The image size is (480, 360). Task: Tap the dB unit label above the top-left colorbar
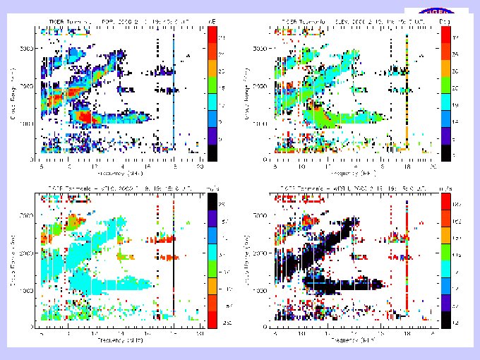[x=212, y=23]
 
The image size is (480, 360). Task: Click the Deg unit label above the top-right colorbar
[x=445, y=23]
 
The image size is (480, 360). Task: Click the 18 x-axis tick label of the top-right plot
[x=408, y=167]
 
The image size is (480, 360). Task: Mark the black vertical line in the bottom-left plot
[x=174, y=268]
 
